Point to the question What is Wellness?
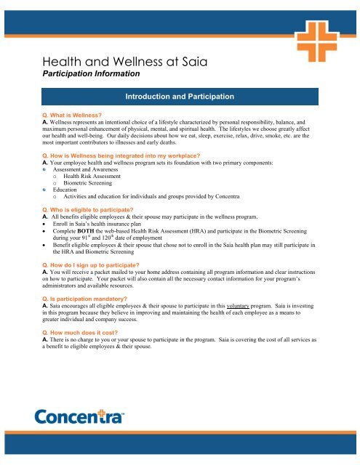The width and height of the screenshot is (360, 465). [x=72, y=116]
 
